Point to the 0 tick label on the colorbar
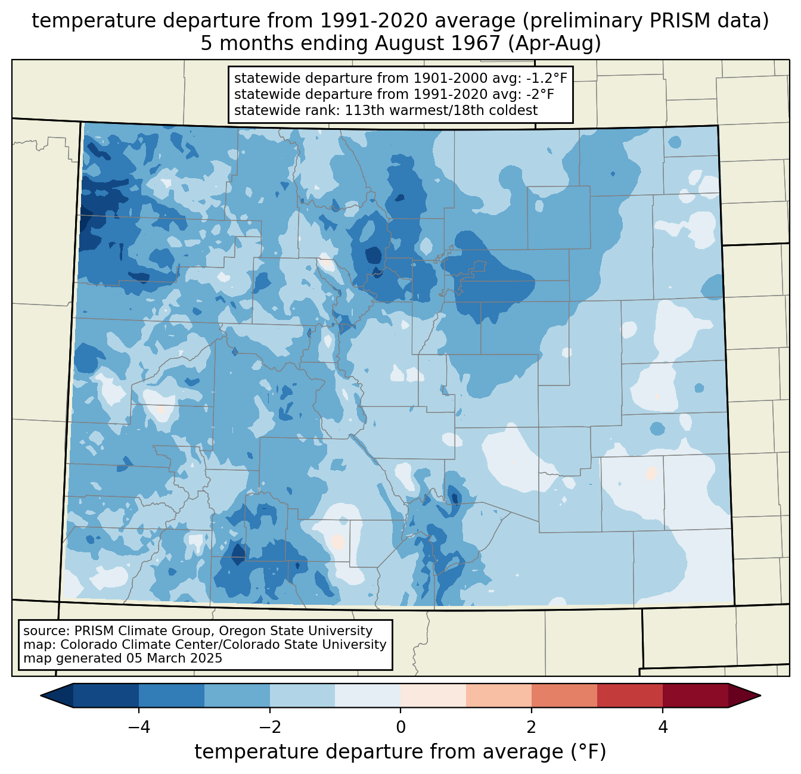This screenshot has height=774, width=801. tap(401, 727)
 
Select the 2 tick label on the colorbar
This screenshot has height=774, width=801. tap(532, 727)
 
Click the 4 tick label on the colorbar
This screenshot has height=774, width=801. tap(663, 727)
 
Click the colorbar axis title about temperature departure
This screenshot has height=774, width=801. tap(401, 752)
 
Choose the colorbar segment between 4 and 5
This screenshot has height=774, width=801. tap(696, 695)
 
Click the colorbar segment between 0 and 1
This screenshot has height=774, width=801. tap(433, 695)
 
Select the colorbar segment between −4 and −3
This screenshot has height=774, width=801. tap(171, 695)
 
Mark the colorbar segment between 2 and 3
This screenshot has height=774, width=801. tap(564, 695)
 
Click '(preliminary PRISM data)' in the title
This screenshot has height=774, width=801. tap(642, 21)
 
